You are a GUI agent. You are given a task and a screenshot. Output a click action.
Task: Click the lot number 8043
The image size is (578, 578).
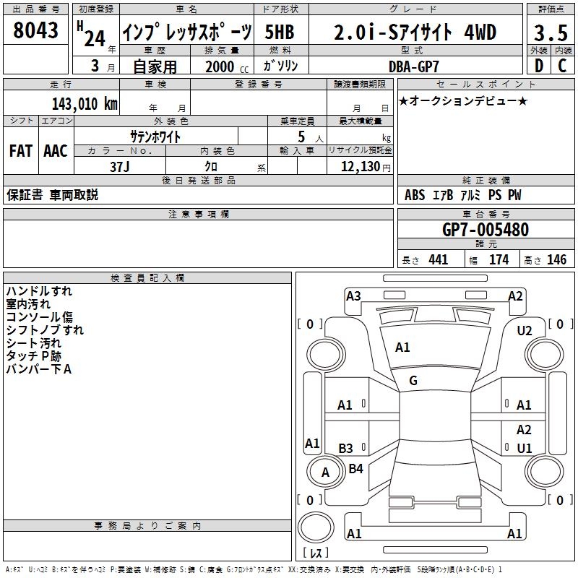[x=36, y=30]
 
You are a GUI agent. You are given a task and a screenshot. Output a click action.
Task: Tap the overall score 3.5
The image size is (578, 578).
[x=550, y=33]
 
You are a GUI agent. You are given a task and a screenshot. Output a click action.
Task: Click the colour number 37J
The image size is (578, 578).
[x=119, y=165]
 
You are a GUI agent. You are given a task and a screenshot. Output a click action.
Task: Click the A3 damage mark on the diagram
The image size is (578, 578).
[x=353, y=296]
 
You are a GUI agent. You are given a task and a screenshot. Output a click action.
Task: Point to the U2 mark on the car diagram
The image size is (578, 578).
[x=525, y=330]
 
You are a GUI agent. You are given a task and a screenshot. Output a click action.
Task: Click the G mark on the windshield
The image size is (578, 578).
[x=413, y=381]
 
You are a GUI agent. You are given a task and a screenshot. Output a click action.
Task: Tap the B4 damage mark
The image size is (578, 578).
[x=356, y=469]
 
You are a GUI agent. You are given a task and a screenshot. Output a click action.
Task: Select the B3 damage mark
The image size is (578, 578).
[x=345, y=448]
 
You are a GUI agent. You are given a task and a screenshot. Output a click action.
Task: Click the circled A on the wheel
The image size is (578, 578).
[x=325, y=473]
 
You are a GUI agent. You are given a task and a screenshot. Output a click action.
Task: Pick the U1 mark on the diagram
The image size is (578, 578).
[x=524, y=448]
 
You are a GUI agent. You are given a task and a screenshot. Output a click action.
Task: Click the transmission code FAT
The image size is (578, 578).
[x=20, y=151]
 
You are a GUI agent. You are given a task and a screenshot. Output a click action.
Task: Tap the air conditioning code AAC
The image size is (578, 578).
[x=55, y=151]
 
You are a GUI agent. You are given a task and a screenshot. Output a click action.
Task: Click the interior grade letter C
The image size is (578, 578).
[x=562, y=66]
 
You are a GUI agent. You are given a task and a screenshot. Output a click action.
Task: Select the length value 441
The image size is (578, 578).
[x=438, y=260]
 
